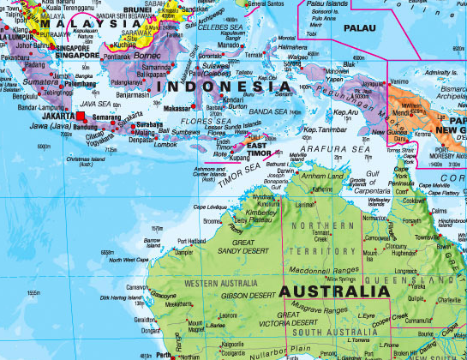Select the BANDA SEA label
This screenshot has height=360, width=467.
[260, 111]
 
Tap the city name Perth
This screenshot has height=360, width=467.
[164, 353]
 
